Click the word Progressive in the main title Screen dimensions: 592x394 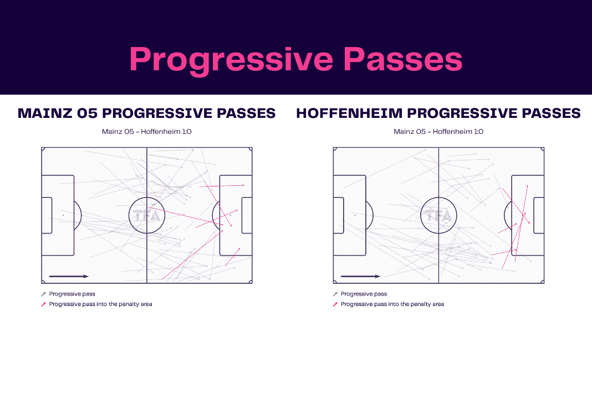click(231, 60)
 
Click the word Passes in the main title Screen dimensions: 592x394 click(403, 59)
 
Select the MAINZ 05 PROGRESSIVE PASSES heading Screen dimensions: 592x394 click(146, 113)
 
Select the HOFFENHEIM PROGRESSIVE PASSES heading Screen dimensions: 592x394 click(438, 113)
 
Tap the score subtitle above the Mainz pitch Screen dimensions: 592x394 click(146, 132)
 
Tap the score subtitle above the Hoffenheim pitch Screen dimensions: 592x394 click(438, 132)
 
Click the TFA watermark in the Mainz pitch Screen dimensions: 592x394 click(147, 216)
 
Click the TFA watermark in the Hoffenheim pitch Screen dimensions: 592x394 click(438, 216)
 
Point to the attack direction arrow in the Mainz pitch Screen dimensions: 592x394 click(69, 276)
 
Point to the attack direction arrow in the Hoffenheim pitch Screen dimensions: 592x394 click(360, 276)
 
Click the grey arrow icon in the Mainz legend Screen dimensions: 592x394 click(43, 294)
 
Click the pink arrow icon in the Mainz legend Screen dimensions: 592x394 click(43, 304)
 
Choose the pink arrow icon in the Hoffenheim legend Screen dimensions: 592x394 click(335, 304)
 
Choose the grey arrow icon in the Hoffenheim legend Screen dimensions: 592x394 click(335, 294)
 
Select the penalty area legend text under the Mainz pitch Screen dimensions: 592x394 click(100, 304)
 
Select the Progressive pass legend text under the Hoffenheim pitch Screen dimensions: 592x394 click(364, 294)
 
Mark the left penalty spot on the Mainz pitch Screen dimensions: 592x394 click(63, 215)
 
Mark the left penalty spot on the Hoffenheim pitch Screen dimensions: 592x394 click(355, 215)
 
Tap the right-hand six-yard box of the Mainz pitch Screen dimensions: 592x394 click(247, 215)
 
